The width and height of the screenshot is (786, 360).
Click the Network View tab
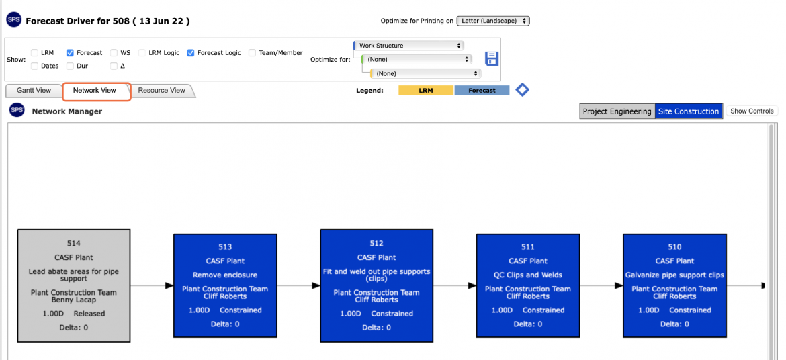(94, 91)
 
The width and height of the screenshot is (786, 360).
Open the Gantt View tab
(34, 91)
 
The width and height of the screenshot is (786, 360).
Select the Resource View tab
(162, 91)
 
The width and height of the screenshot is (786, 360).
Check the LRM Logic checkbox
(142, 52)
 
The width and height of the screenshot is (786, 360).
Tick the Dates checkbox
(34, 66)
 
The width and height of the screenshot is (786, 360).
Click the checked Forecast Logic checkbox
(191, 52)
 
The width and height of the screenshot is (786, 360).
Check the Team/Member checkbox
(252, 52)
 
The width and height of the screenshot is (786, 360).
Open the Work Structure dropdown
(408, 46)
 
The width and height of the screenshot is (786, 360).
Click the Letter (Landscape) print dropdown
(493, 21)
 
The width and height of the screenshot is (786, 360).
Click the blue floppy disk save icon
(491, 58)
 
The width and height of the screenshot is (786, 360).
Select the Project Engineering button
(617, 111)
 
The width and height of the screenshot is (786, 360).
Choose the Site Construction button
(689, 111)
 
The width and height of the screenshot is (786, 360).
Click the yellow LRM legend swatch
(426, 91)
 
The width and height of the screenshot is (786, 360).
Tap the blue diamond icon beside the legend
(523, 90)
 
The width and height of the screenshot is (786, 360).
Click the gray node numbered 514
(74, 286)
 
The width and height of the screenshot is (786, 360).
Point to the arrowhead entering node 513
(169, 286)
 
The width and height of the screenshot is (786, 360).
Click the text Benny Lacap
(74, 300)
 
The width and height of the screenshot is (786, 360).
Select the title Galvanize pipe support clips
(674, 275)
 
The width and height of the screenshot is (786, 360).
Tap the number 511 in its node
(528, 246)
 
